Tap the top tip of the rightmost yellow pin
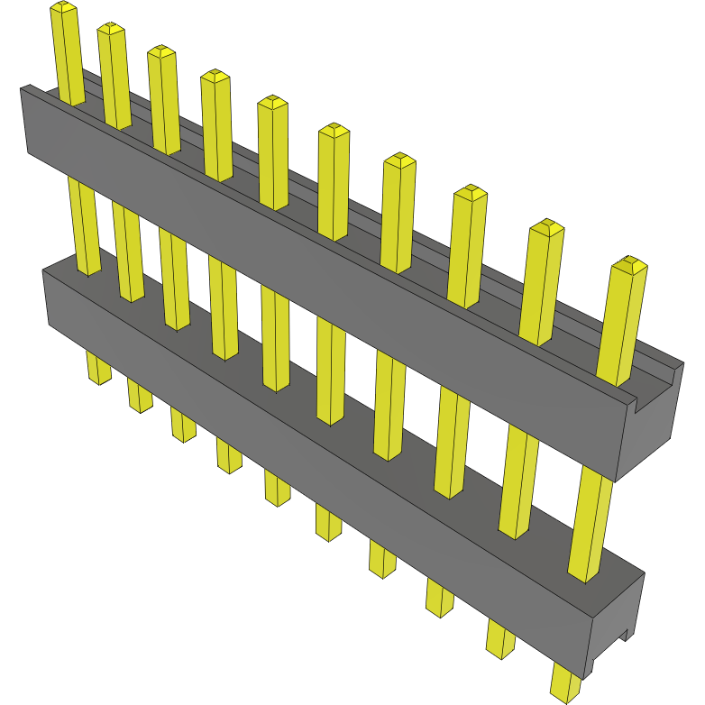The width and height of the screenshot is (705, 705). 628,265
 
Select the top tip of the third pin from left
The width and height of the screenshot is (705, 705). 161,52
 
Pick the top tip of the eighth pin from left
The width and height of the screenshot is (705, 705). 470,192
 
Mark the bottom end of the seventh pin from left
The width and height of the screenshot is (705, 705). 383,571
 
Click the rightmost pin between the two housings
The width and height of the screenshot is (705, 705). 591,523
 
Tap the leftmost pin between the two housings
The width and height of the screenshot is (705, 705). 84,225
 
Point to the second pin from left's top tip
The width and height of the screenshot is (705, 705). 111,30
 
